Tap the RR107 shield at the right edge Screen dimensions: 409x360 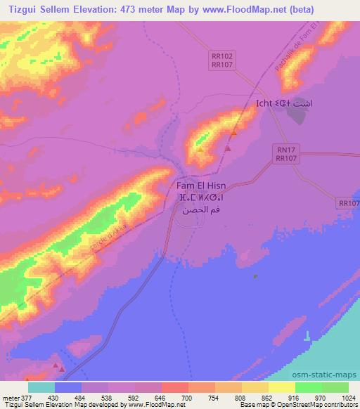coord(348,203)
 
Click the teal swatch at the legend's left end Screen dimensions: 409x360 coord(41,388)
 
